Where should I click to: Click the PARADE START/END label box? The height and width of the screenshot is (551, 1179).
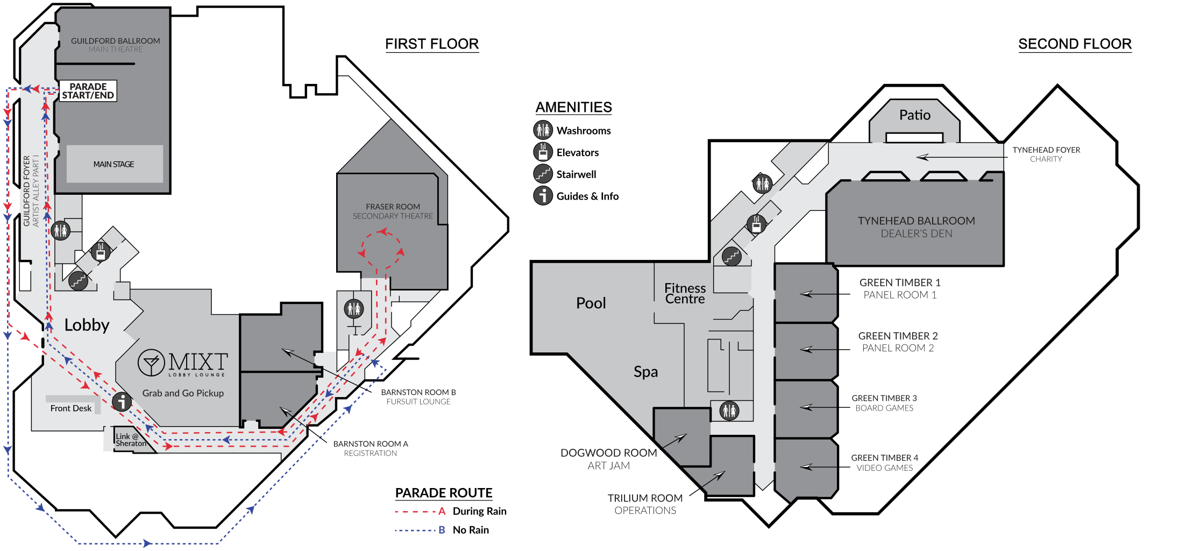click(x=88, y=91)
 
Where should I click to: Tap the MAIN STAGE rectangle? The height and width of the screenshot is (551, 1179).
click(x=114, y=164)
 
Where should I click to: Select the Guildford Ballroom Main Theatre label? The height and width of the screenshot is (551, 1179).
click(x=116, y=45)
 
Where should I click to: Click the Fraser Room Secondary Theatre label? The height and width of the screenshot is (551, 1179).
click(x=393, y=211)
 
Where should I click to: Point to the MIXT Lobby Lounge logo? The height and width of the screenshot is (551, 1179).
click(x=183, y=363)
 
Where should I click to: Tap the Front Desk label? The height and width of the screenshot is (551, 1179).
click(x=71, y=408)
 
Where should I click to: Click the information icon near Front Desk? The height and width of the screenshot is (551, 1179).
click(x=122, y=401)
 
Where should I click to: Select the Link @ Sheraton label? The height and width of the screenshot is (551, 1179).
click(x=130, y=440)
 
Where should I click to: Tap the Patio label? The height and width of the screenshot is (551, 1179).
click(x=914, y=115)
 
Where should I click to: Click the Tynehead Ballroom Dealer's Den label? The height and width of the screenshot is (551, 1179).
click(x=916, y=227)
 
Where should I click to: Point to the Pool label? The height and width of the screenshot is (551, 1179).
click(x=591, y=303)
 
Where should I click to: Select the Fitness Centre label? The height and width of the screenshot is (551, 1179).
click(x=685, y=293)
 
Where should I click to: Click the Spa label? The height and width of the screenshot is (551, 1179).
click(x=645, y=372)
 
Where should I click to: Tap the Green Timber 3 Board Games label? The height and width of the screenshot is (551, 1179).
click(x=884, y=403)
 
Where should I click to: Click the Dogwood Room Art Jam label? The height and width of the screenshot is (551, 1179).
click(x=608, y=459)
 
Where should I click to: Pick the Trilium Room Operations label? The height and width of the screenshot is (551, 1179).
click(x=645, y=504)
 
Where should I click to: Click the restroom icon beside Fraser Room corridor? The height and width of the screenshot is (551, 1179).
click(x=354, y=309)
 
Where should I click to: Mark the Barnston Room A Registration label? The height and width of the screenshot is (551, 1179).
click(x=371, y=448)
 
